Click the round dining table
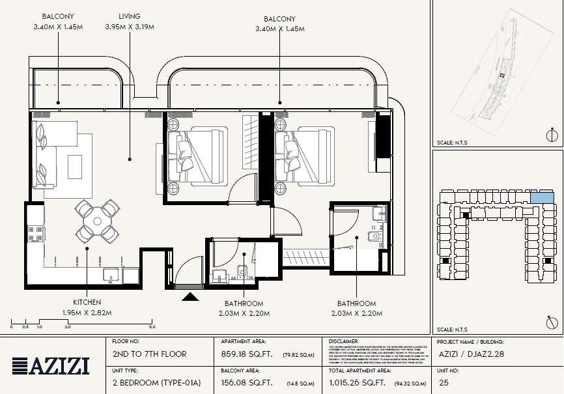click(x=96, y=221)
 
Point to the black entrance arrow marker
click(x=190, y=297)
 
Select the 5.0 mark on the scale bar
click(x=151, y=327)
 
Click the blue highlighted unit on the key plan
click(x=539, y=197)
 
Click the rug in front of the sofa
click(x=74, y=167)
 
